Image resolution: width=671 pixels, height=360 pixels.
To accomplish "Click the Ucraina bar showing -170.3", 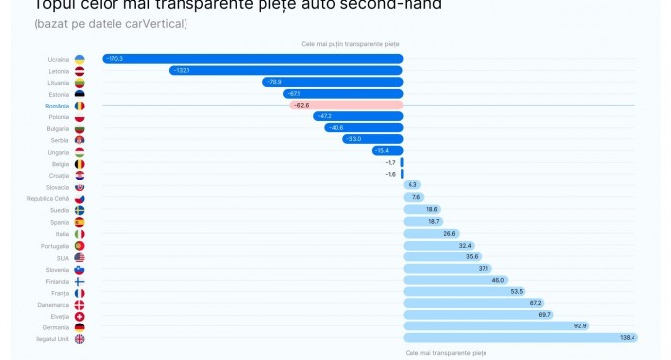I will [252, 59].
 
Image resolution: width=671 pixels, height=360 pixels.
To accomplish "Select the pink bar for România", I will [346, 105].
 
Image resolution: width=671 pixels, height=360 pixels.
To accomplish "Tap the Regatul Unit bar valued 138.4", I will [520, 338].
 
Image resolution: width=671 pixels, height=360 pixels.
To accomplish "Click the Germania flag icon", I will [79, 326].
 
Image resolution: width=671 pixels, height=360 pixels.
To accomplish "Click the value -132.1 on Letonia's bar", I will [182, 71].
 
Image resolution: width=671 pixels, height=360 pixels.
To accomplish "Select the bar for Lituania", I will [333, 82].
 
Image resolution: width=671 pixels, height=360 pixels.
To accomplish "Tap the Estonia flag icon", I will [79, 94].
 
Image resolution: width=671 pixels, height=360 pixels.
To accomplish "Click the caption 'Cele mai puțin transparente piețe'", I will [343, 44].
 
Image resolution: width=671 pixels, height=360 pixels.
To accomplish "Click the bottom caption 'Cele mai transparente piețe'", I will [445, 351].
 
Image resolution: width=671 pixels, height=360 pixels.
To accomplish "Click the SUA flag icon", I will [79, 256].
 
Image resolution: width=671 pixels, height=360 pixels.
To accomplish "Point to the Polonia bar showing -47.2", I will [357, 116].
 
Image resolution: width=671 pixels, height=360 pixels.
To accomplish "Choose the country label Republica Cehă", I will [48, 198].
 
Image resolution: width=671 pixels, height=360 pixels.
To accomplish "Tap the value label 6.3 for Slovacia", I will [412, 186].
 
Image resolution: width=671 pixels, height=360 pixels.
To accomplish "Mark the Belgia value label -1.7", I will [390, 163].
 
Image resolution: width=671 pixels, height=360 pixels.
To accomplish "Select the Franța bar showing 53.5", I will [465, 292].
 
